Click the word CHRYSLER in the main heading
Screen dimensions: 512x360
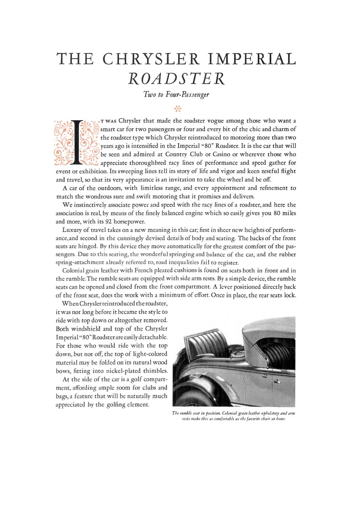151,59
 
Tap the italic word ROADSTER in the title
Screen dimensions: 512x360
176,78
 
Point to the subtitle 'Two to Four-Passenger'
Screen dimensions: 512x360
176,94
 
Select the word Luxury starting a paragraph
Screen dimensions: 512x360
72,230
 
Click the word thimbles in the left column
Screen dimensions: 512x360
154,371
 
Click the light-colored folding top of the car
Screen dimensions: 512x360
272,332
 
